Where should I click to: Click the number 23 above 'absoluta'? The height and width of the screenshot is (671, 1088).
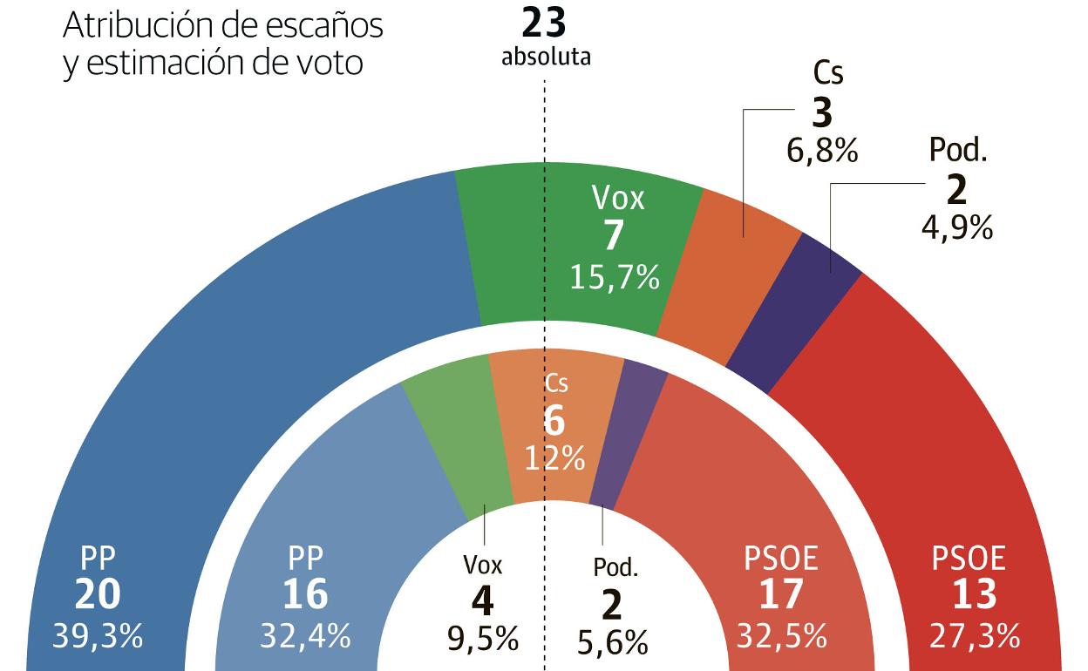coord(545,23)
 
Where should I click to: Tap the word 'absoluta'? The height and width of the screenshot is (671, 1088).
coord(546,58)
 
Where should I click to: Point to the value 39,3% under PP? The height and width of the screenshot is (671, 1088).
coord(97,636)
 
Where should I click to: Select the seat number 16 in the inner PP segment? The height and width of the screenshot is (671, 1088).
coord(305,596)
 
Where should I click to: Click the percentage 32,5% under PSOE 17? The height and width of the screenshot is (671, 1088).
coord(782,636)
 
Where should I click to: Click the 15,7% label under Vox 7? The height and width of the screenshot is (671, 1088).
coord(615,278)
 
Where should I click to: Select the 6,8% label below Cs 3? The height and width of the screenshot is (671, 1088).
coord(822,151)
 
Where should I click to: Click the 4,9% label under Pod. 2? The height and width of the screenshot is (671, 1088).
coord(957,228)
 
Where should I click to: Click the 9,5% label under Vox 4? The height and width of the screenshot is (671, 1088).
coord(483,641)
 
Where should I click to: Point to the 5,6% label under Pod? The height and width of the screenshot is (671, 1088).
coord(613,644)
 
